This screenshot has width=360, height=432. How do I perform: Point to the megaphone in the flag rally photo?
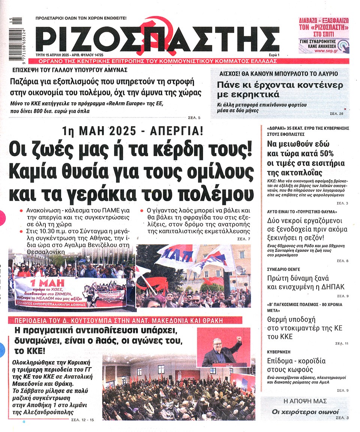pos(238,270)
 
